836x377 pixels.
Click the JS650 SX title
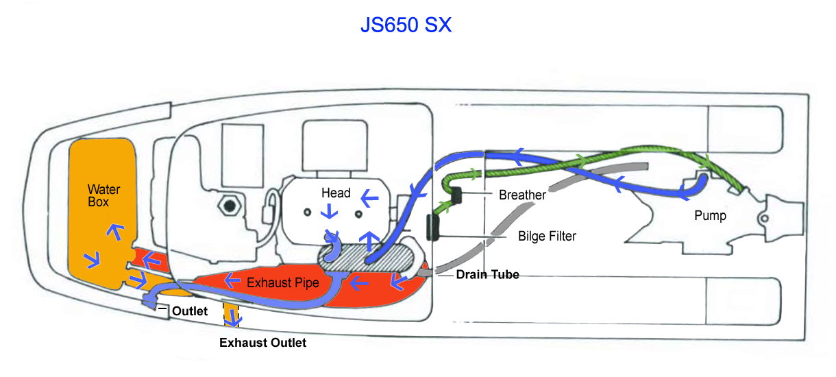[x=406, y=25]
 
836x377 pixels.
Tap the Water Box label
[x=103, y=195]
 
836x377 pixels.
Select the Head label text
[x=336, y=193]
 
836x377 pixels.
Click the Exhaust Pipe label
[x=283, y=282]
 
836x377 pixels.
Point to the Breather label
[x=522, y=195]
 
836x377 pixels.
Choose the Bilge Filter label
[x=547, y=236]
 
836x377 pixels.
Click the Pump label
[x=710, y=215]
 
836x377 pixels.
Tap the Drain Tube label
[x=487, y=274]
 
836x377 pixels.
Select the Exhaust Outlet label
[x=262, y=343]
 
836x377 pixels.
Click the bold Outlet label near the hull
[x=190, y=311]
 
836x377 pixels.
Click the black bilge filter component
[x=433, y=228]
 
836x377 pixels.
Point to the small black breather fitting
[x=456, y=195]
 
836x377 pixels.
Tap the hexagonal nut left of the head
[x=230, y=206]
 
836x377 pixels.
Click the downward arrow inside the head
[x=329, y=211]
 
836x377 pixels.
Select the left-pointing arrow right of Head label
[x=370, y=198]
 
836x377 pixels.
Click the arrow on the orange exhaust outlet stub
[x=233, y=318]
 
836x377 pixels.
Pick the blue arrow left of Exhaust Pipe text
[x=232, y=280]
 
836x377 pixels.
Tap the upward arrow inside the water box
[x=116, y=232]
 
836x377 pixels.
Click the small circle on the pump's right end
[x=765, y=218]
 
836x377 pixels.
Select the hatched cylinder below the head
[x=366, y=258]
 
